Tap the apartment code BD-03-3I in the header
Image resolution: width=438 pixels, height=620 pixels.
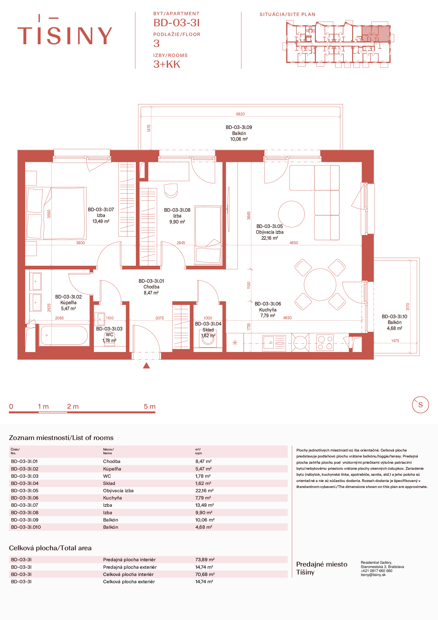pyautogui.click(x=177, y=23)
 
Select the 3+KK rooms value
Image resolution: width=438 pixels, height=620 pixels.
pyautogui.click(x=167, y=64)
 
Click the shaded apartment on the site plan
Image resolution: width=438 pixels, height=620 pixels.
pyautogui.click(x=376, y=33)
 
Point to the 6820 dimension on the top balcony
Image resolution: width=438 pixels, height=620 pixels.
pyautogui.click(x=240, y=114)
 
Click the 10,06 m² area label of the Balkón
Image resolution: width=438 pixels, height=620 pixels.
pyautogui.click(x=239, y=139)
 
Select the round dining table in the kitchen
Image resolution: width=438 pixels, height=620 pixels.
pyautogui.click(x=320, y=284)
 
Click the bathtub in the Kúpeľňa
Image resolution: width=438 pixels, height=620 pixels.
pyautogui.click(x=64, y=335)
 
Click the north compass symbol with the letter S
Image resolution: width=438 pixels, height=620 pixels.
pyautogui.click(x=420, y=404)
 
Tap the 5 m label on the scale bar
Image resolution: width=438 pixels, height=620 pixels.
pyautogui.click(x=149, y=406)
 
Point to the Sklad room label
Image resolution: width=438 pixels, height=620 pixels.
pyautogui.click(x=208, y=330)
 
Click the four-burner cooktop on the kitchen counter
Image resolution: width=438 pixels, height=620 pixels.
pyautogui.click(x=325, y=343)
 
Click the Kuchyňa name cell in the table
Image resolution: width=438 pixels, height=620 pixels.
pyautogui.click(x=112, y=498)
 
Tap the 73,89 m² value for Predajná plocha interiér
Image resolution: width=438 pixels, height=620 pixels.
pyautogui.click(x=205, y=560)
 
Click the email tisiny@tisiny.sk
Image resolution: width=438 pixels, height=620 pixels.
pyautogui.click(x=373, y=575)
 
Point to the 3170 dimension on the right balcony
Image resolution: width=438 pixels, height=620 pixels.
pyautogui.click(x=408, y=306)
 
